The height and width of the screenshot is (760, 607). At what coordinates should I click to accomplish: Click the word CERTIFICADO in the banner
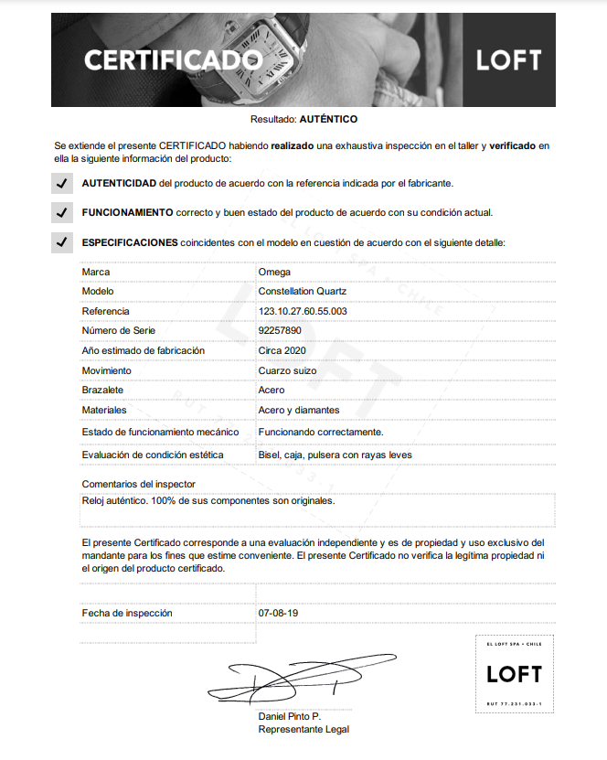pos(174,60)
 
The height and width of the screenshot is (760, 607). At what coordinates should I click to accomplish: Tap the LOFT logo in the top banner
pos(509,60)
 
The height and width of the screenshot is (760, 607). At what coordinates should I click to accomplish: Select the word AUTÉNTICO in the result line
pos(328,119)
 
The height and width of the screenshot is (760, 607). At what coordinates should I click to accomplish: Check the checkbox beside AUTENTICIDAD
pos(61,183)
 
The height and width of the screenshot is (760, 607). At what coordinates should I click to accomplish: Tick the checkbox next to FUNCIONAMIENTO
pos(61,212)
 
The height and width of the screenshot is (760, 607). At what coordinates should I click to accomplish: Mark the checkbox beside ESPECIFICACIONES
pos(61,242)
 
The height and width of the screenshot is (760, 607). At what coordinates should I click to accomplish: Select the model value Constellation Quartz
pos(303,292)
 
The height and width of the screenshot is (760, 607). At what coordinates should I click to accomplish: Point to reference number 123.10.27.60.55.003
pos(303,311)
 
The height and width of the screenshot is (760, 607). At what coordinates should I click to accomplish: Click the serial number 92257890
pos(281,330)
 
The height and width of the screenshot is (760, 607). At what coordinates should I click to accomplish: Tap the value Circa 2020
pos(282,350)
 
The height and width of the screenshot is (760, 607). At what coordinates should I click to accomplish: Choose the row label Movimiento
pos(107,370)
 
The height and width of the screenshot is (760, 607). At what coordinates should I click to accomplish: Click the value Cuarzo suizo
pos(287,370)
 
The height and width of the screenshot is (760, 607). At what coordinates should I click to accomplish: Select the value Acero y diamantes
pos(299,410)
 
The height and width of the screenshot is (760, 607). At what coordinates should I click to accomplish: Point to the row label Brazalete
pos(101,390)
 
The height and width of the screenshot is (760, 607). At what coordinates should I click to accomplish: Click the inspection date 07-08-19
pos(278,613)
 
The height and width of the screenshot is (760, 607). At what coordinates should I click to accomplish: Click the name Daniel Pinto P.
pos(289,716)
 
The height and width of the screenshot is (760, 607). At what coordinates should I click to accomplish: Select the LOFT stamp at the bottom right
pos(514,674)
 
